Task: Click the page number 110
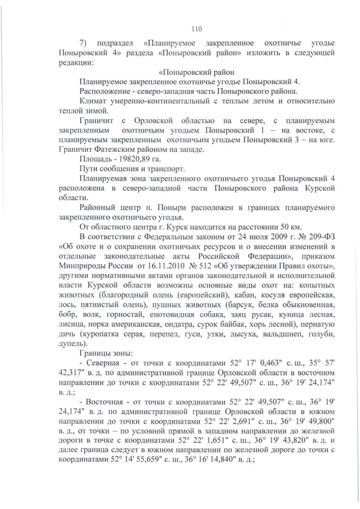196,29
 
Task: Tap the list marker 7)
84,43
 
